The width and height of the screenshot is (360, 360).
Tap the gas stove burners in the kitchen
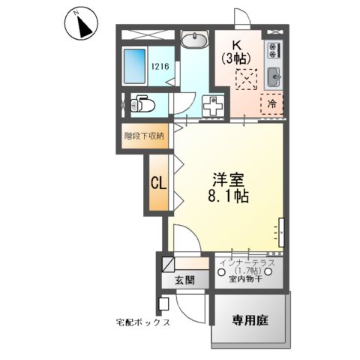click(x=273, y=52)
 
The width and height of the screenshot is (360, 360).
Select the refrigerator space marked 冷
click(x=272, y=104)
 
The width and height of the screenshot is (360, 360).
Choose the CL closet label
click(x=158, y=182)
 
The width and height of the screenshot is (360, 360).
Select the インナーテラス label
click(x=247, y=262)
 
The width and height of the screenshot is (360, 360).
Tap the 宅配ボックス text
click(x=143, y=322)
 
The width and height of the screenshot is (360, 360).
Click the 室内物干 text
click(x=247, y=279)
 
